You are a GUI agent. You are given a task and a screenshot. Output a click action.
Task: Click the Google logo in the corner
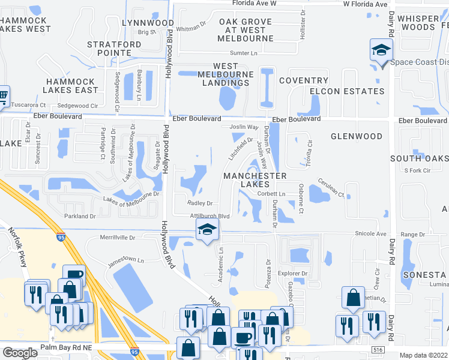click(20, 352)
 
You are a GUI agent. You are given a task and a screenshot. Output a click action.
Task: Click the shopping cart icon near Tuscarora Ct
click(2, 95)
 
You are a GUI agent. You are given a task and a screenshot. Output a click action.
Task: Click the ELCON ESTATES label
click(346, 91)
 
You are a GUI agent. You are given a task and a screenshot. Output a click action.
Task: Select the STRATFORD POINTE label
click(114, 49)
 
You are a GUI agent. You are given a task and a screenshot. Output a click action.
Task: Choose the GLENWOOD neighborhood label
click(356, 136)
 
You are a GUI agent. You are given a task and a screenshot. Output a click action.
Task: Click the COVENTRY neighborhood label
click(303, 80)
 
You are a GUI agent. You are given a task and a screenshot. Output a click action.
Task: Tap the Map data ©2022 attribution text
click(423, 355)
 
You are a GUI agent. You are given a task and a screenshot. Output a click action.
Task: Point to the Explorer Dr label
click(292, 274)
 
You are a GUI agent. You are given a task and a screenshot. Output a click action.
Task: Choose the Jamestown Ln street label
click(125, 261)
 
